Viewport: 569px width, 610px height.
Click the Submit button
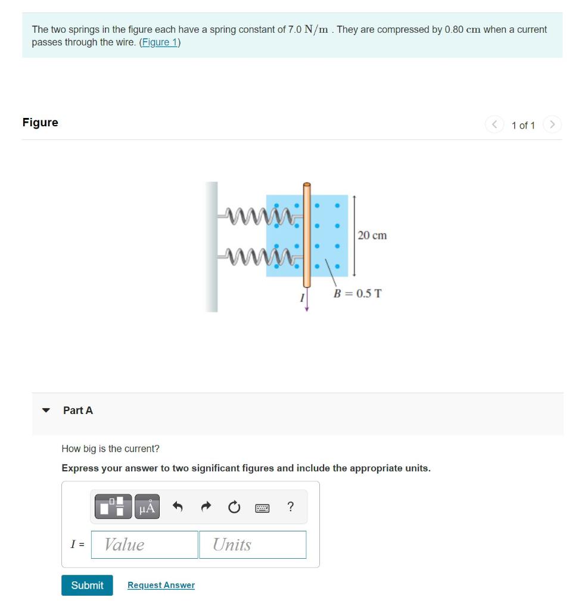87,585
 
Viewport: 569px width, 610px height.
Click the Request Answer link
161,585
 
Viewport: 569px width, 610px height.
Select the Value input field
144,544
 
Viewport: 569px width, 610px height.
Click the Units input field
253,544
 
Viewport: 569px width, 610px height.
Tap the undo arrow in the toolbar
177,507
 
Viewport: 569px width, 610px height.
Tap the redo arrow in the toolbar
206,507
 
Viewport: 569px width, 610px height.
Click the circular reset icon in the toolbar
234,507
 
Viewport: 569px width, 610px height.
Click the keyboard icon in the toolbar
262,508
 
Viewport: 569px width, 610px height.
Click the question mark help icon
290,507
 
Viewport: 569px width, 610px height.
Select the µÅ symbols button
147,507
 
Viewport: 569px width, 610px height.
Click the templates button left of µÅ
112,507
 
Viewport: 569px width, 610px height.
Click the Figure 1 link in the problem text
160,43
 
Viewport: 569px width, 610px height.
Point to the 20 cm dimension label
372,235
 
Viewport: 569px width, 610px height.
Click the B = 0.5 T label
357,294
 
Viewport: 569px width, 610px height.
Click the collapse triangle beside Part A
46,410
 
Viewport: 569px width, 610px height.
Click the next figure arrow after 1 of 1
553,125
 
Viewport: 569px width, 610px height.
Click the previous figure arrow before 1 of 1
495,125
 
